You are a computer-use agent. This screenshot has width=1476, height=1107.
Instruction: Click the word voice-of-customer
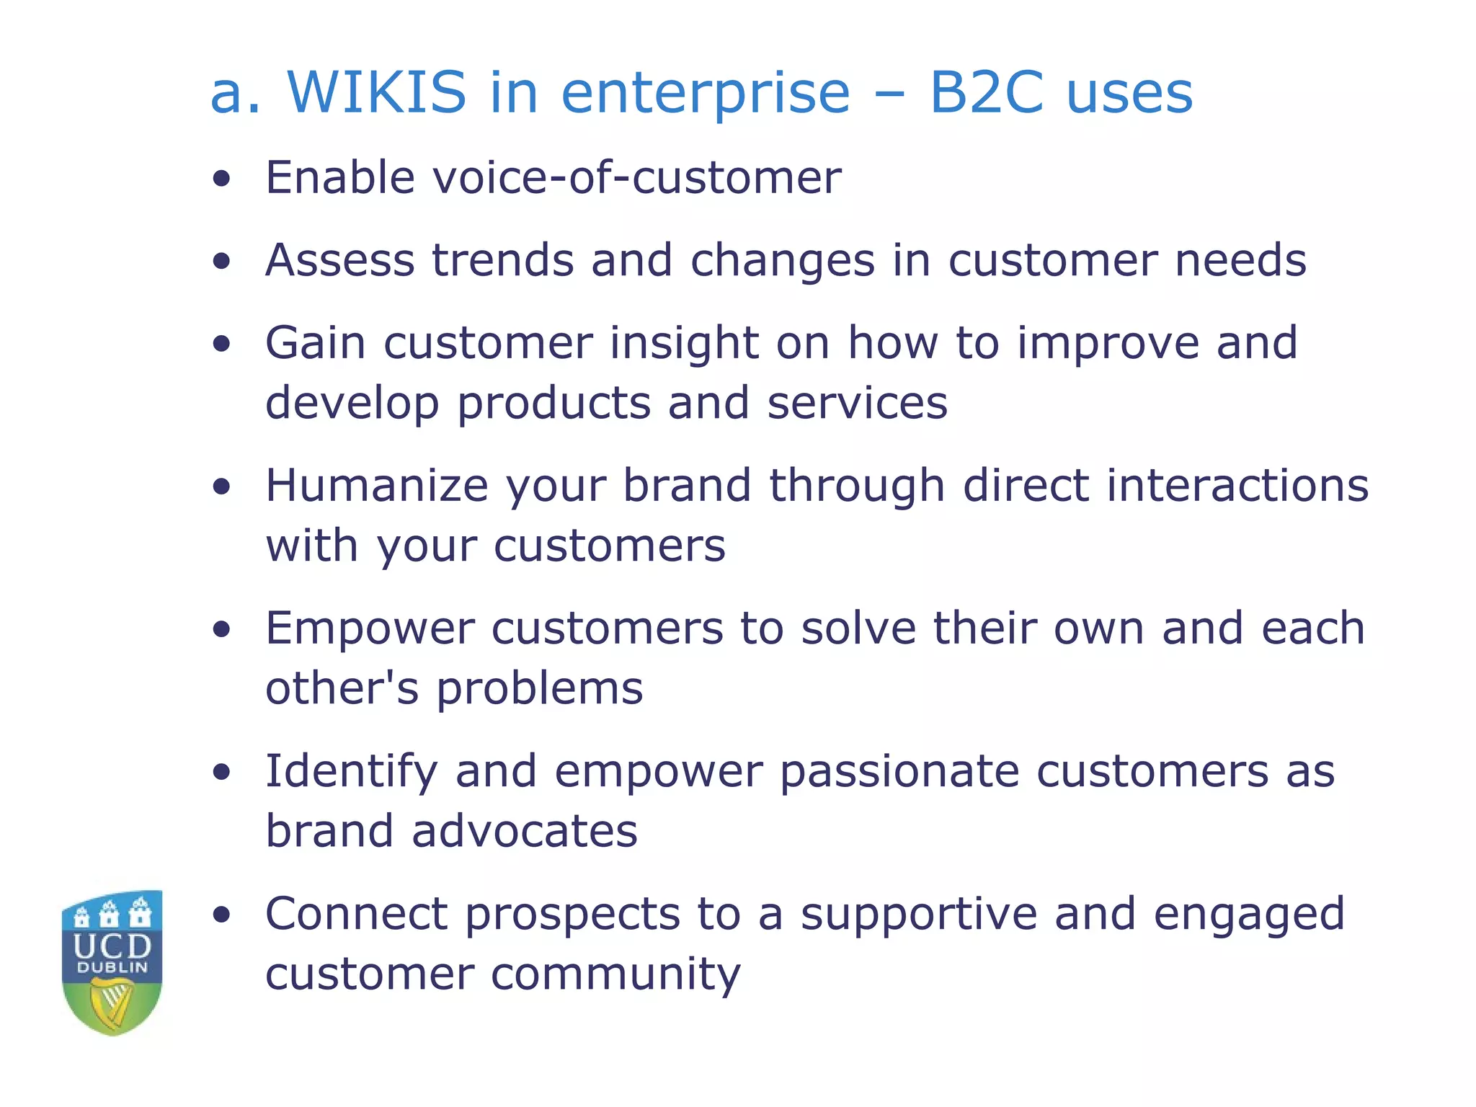click(636, 177)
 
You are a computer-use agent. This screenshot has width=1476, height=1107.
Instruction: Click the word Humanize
click(377, 485)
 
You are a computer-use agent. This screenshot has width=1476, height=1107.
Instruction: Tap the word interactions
click(1237, 485)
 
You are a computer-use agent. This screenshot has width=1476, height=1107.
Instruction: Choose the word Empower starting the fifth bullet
click(370, 628)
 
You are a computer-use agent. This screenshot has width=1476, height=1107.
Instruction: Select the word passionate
click(899, 772)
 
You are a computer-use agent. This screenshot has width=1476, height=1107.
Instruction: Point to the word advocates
click(524, 831)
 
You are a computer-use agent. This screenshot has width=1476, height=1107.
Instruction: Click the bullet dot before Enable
click(222, 179)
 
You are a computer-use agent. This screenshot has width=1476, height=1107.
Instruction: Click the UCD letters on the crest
click(112, 946)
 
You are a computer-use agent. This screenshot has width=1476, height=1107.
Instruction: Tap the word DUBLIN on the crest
click(112, 968)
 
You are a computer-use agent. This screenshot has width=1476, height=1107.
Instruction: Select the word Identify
click(351, 772)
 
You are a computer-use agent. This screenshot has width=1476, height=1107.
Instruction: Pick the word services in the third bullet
click(857, 403)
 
